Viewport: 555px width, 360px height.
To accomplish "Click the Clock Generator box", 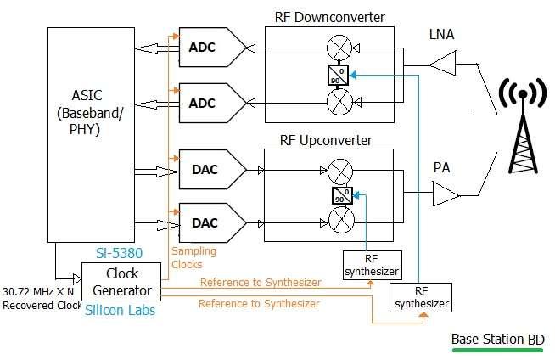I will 121,283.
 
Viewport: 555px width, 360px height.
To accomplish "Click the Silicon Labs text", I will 121,312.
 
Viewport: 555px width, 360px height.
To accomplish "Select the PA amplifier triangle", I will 444,197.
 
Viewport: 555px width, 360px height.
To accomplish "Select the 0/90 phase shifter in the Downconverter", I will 339,75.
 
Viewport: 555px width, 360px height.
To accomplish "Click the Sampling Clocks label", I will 193,257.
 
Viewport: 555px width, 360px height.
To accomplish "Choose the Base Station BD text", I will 497,339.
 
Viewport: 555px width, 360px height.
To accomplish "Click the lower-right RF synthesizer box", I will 420,297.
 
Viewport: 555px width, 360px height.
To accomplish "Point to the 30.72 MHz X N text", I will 39,291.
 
